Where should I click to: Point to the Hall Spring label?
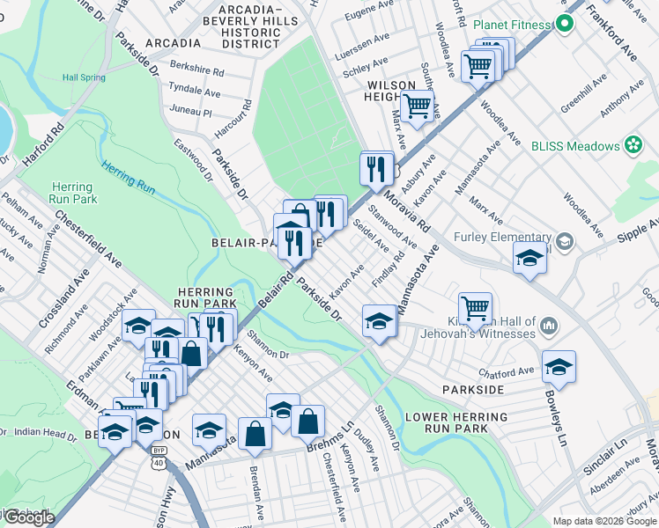point(84,77)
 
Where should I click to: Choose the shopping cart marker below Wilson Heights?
point(418,106)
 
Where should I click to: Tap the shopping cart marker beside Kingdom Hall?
point(476,307)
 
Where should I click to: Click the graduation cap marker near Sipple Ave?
point(529,257)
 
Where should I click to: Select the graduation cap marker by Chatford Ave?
point(559,364)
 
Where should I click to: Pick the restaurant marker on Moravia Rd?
point(376,167)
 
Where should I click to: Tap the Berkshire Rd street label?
point(197,70)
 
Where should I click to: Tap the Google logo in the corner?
point(28,517)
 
